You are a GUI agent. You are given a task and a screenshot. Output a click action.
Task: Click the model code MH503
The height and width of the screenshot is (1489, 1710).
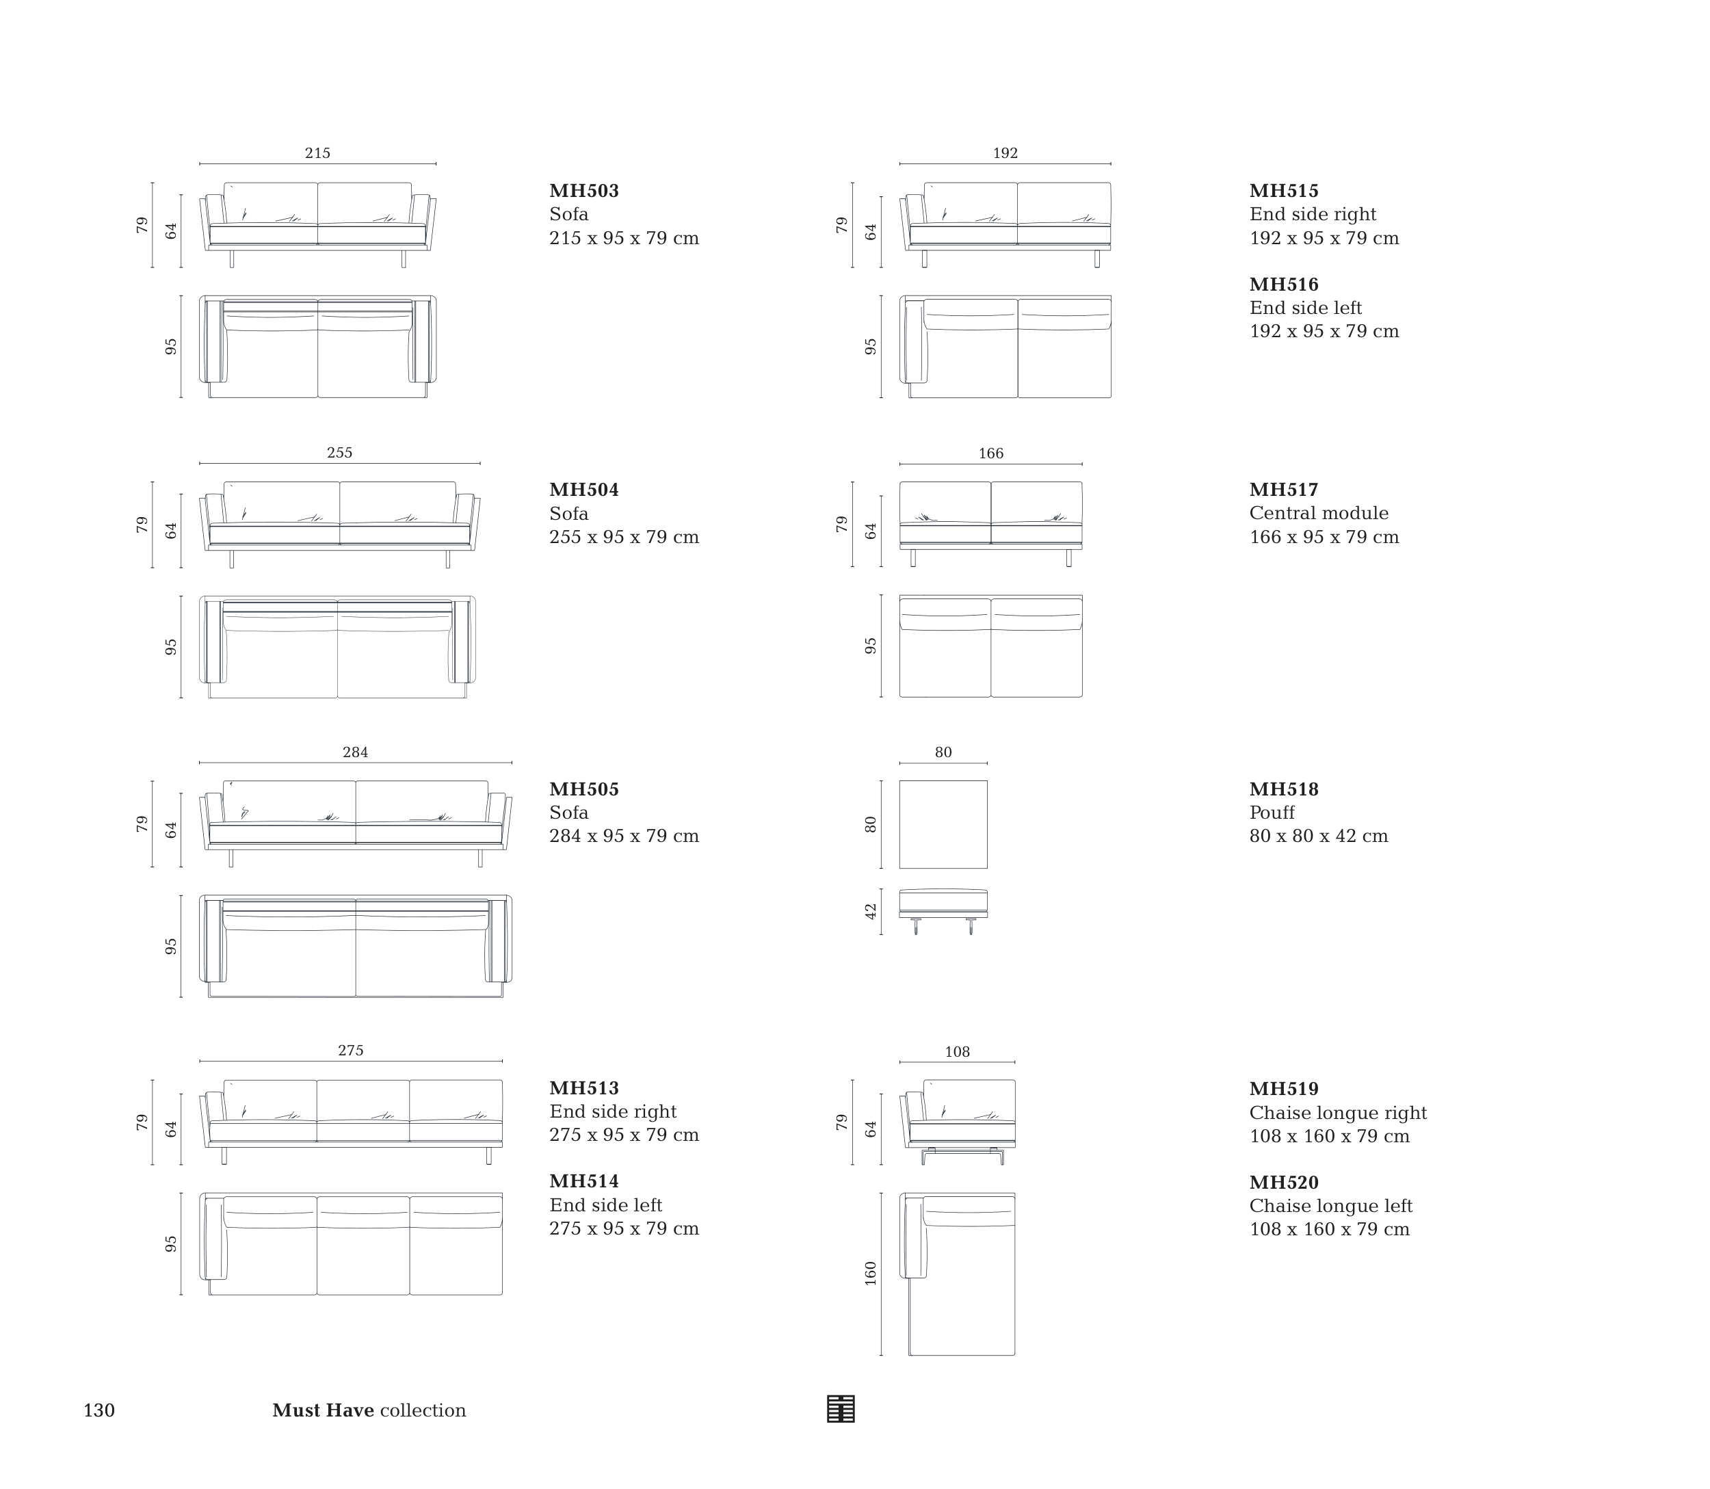point(583,191)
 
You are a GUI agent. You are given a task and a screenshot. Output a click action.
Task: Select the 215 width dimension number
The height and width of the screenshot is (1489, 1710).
point(317,153)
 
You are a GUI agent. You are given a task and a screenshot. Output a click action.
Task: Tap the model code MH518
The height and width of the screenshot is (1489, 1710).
point(1284,789)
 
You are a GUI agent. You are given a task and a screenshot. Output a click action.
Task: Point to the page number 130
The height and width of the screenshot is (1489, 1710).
point(99,1410)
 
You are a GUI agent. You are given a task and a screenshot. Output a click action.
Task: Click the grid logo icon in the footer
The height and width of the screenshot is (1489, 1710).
point(840,1409)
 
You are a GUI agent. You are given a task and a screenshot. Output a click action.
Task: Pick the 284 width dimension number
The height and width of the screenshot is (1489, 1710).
point(355,752)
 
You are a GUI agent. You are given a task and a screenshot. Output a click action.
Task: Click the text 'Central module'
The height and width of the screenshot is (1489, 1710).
point(1319,514)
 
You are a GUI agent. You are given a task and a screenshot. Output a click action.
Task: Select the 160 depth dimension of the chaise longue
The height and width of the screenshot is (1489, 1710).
point(871,1273)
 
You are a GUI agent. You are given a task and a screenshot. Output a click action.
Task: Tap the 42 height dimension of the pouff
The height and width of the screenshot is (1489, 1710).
point(871,912)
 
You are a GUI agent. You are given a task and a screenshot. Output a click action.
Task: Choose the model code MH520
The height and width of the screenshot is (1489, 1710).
point(1284,1183)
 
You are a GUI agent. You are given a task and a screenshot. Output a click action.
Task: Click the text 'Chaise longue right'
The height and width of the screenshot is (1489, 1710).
point(1338,1113)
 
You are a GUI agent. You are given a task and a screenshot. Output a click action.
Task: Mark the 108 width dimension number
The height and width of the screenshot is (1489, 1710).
point(957,1052)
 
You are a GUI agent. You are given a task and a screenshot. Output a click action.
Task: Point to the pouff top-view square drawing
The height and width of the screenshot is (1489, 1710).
point(943,824)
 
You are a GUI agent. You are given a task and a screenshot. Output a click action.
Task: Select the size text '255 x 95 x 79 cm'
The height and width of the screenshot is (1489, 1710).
point(624,538)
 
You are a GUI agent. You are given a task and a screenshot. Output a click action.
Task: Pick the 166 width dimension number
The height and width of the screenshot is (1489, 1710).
point(990,453)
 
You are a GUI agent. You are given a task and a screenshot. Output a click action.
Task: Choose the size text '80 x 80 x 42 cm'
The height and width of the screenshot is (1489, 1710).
point(1319,836)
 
